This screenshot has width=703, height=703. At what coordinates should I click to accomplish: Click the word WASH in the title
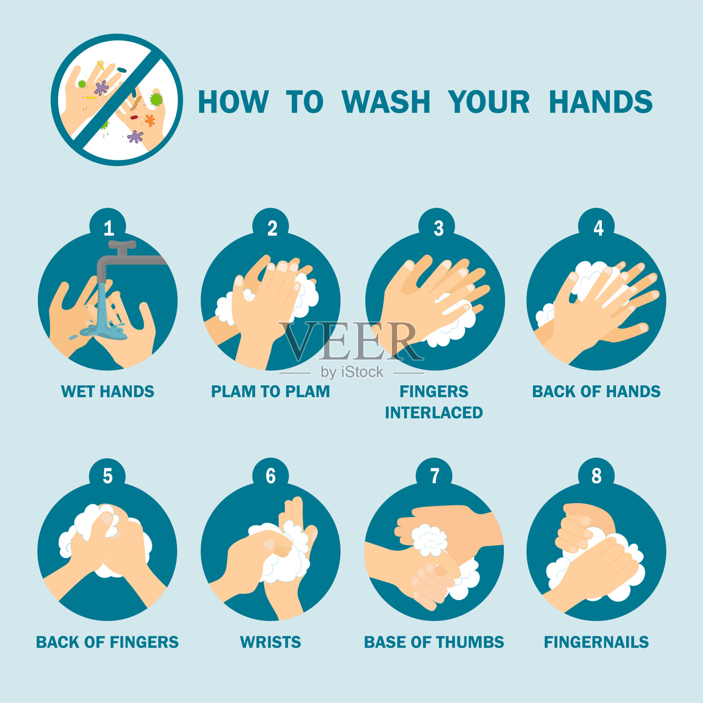386,102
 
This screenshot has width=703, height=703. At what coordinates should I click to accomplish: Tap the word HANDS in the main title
601,102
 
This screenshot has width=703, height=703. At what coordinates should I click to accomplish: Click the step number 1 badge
108,227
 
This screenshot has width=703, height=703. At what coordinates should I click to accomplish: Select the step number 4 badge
597,227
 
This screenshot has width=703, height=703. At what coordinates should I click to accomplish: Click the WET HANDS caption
108,391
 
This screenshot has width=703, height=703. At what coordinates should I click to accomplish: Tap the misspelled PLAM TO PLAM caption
271,391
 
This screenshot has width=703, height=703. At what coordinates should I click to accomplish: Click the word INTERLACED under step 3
434,413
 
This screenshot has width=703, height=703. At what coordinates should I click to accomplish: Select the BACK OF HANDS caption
596,391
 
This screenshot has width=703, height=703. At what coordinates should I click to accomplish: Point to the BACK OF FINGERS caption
107,642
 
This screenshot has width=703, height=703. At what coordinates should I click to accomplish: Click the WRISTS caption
271,642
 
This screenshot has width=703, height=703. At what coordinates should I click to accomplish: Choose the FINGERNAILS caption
596,642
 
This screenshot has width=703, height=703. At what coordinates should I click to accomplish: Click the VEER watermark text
351,341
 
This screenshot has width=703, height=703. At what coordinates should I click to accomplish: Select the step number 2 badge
271,227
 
